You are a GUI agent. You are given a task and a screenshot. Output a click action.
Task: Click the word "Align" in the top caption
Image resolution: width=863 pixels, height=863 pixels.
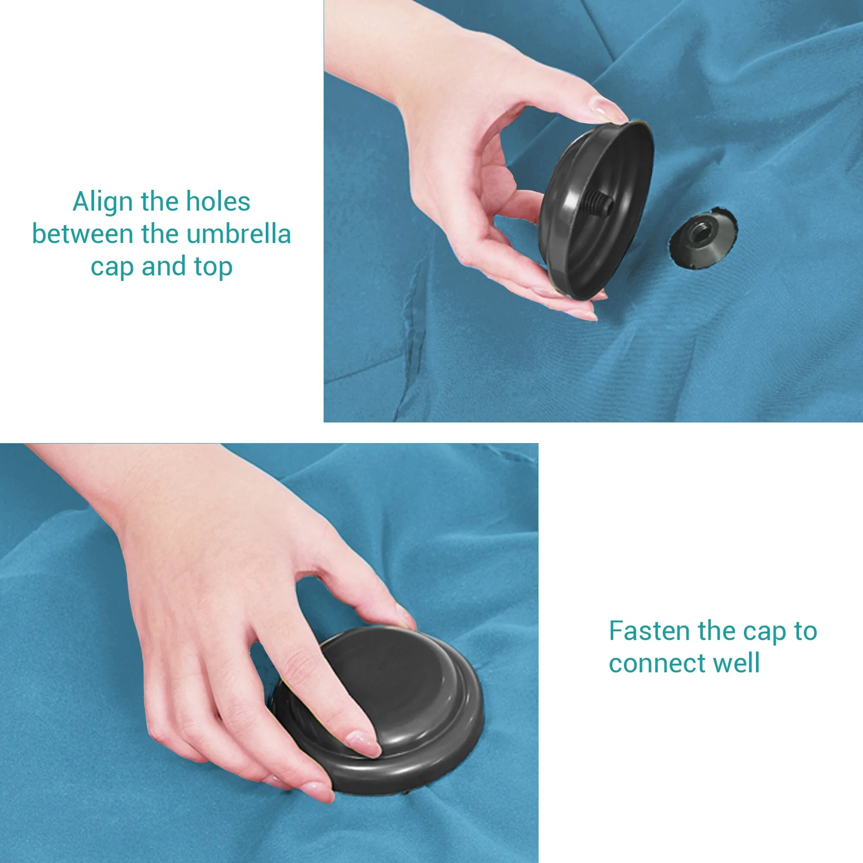click(104, 202)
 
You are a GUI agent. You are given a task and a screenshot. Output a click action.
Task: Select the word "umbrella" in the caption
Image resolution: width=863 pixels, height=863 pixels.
click(239, 233)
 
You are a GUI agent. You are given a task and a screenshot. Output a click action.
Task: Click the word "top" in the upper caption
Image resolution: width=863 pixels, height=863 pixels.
click(213, 267)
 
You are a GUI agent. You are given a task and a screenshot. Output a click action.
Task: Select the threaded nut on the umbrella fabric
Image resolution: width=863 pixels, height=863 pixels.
click(703, 240)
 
